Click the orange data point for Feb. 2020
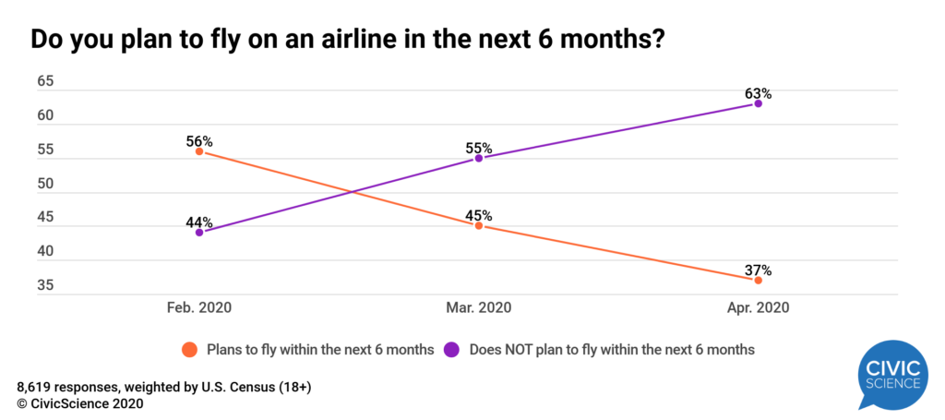pyautogui.click(x=199, y=151)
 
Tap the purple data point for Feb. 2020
pyautogui.click(x=199, y=233)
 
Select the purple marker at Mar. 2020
pyautogui.click(x=479, y=159)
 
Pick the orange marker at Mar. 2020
pyautogui.click(x=479, y=225)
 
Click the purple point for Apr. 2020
pyautogui.click(x=759, y=103)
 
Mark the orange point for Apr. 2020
pyautogui.click(x=759, y=280)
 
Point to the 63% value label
pyautogui.click(x=759, y=93)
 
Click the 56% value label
pyautogui.click(x=199, y=141)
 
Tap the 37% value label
pyautogui.click(x=759, y=270)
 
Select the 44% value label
pyautogui.click(x=199, y=222)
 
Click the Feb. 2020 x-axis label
pyautogui.click(x=199, y=307)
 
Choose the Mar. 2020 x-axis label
pyautogui.click(x=479, y=307)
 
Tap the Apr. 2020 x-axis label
pyautogui.click(x=759, y=307)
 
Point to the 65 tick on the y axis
pyautogui.click(x=45, y=82)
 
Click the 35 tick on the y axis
pyautogui.click(x=45, y=286)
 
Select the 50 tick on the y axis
pyautogui.click(x=45, y=185)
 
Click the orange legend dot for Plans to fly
pyautogui.click(x=190, y=350)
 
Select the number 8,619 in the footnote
pyautogui.click(x=36, y=387)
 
